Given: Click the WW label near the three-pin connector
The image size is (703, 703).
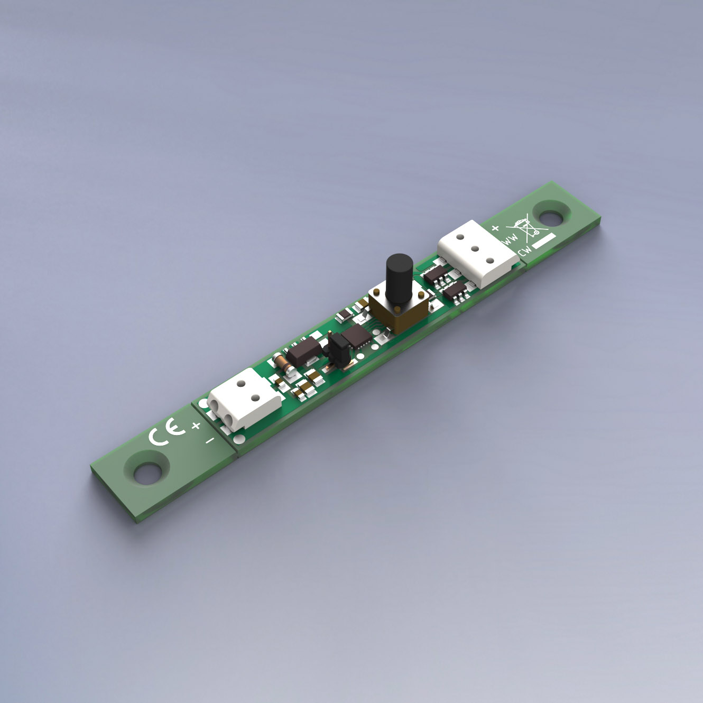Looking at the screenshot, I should (x=510, y=239).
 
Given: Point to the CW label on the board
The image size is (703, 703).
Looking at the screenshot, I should (x=525, y=251).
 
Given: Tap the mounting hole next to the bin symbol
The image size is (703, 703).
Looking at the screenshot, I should (x=550, y=215).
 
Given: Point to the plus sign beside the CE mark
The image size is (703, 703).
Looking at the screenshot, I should (x=196, y=425).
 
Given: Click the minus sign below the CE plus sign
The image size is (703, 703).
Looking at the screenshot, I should (x=210, y=440).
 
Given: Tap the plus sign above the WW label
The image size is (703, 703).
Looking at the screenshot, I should (x=495, y=228).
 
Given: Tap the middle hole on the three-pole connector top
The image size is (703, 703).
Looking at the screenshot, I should (x=475, y=248).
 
